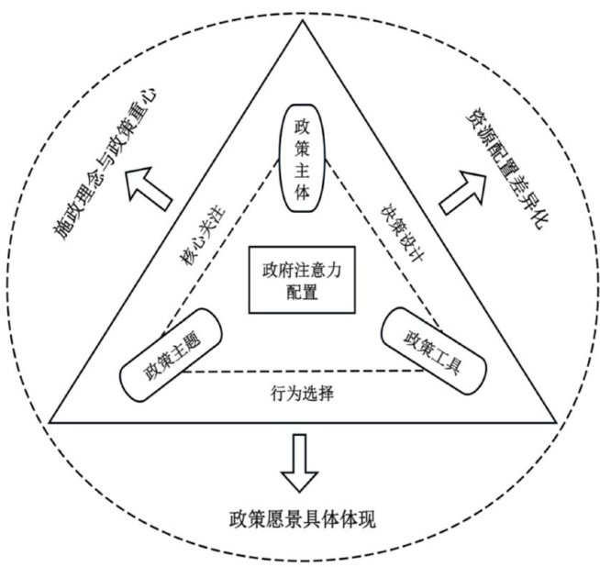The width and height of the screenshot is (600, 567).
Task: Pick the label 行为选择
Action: (x=302, y=395)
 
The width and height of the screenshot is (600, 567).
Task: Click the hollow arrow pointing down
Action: (x=300, y=465)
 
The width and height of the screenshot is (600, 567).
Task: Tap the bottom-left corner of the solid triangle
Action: (x=50, y=422)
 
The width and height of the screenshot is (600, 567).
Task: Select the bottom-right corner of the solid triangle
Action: (x=555, y=422)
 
